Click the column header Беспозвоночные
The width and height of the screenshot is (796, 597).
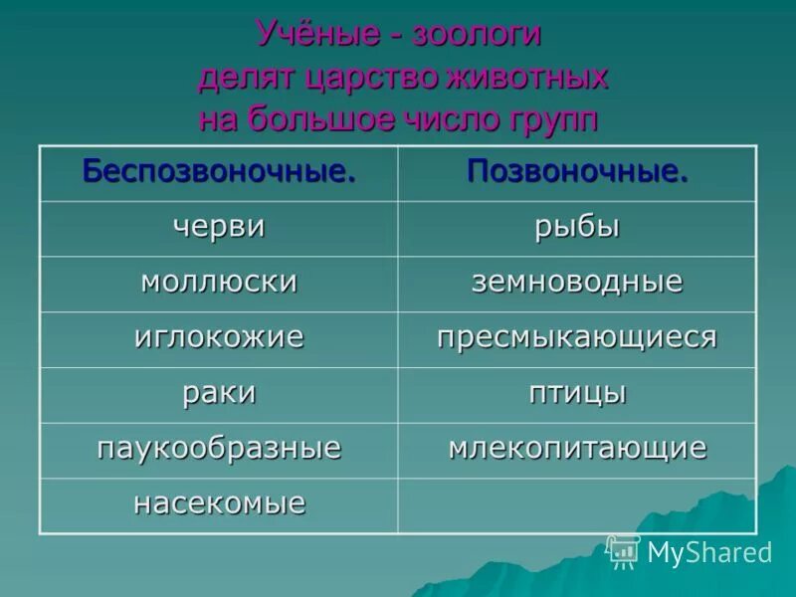pos(219,171)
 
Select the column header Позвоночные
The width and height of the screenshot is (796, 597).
pos(577,171)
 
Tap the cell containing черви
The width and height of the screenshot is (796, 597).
pos(219,227)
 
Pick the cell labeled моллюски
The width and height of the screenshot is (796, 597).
pos(219,283)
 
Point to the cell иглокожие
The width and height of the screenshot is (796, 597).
pos(219,337)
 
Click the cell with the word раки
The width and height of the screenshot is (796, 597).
pos(219,393)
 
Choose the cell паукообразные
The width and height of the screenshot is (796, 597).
pos(219,448)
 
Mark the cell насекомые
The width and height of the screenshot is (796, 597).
pos(219,503)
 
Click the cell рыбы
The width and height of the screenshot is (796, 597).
pos(577,227)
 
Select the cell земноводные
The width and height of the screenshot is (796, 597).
pos(577,283)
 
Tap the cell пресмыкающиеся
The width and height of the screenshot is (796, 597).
pos(577,337)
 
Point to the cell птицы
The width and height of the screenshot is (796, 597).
pos(577,393)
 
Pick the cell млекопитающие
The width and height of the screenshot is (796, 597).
pos(577,448)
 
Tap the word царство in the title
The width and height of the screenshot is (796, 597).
pos(369,78)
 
